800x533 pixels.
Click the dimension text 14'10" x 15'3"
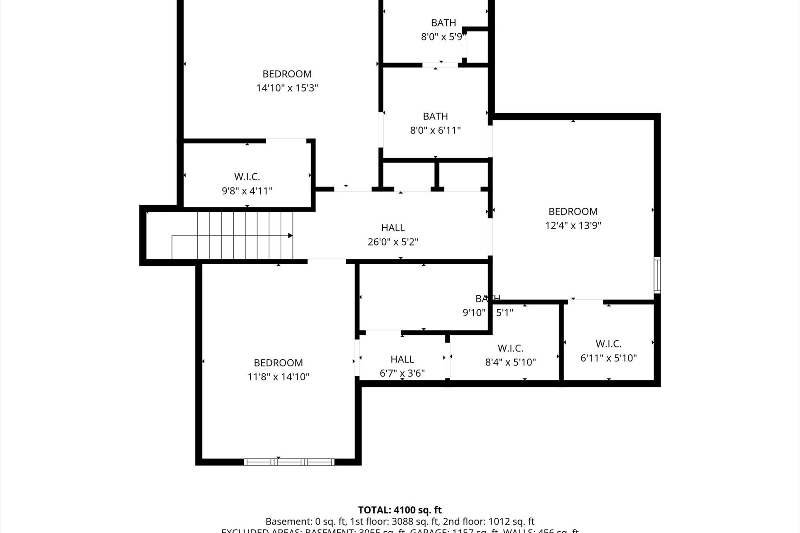(x=287, y=88)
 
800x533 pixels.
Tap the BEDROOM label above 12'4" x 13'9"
(x=573, y=211)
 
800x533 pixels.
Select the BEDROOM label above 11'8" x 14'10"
(x=278, y=363)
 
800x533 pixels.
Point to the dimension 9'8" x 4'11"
(x=247, y=191)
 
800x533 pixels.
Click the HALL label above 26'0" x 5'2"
(x=393, y=228)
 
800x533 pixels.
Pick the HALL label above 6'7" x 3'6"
(x=402, y=359)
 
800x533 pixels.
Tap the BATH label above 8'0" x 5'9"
(x=444, y=23)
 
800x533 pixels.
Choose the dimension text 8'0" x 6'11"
(x=435, y=131)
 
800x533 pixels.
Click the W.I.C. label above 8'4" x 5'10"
(x=510, y=348)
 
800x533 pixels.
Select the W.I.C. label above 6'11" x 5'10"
(x=608, y=344)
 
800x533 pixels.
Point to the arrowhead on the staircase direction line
(x=291, y=235)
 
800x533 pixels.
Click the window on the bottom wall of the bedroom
(x=289, y=462)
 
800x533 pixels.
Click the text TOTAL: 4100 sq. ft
(x=400, y=510)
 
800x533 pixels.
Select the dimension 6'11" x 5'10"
(x=608, y=358)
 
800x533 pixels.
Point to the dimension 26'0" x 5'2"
(x=393, y=242)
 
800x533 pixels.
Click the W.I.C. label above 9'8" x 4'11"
(x=247, y=177)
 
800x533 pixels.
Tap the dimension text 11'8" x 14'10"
(x=278, y=377)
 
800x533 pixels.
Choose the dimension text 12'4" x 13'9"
(x=573, y=226)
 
